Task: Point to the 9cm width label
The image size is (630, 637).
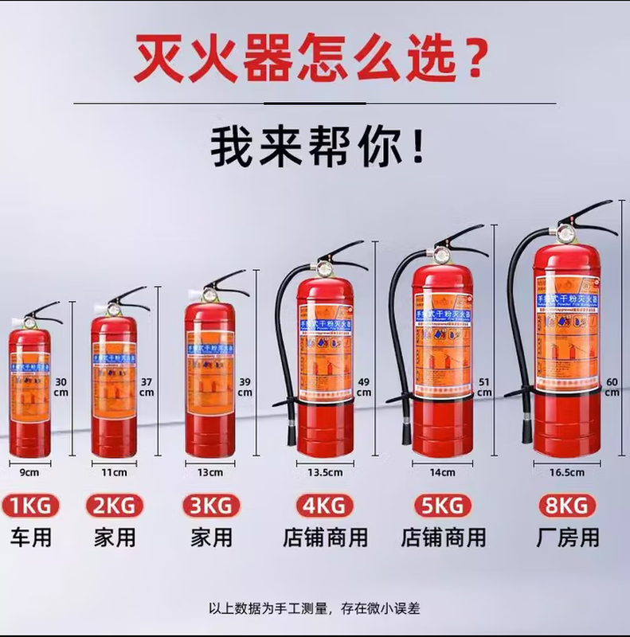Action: [29, 472]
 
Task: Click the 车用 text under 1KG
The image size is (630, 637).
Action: [30, 537]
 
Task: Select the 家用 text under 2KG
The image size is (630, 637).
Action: [115, 537]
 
